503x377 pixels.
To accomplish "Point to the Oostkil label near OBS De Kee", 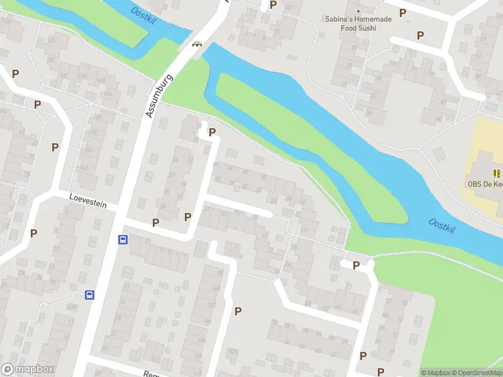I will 442,225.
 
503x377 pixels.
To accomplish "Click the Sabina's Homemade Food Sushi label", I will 358,23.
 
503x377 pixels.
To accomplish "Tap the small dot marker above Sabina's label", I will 358,11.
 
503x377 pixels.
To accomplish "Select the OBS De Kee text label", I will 484,184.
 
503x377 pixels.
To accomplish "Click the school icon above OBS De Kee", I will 497,173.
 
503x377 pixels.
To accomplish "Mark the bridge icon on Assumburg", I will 197,44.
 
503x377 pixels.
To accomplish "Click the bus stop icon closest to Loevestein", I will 123,239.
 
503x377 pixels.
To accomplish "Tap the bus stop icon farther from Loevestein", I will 90,295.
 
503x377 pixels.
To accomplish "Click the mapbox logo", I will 28,369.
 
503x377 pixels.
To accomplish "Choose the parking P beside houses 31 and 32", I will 187,217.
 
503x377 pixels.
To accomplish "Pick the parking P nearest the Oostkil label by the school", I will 356,265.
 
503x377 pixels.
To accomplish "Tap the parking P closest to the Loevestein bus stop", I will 155,222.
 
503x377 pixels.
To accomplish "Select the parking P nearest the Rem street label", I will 238,311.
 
